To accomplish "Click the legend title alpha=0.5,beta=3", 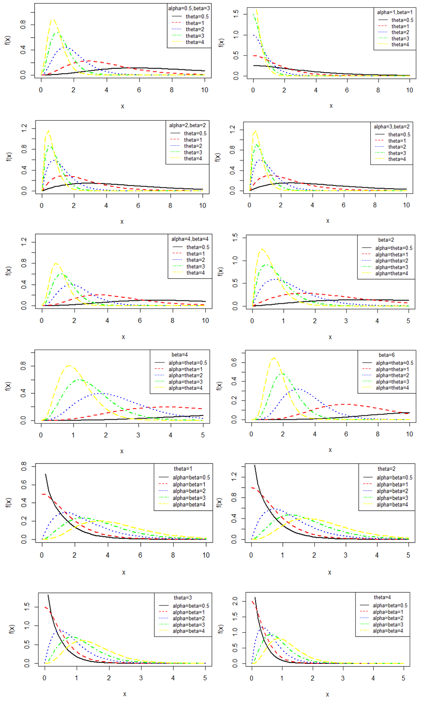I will (189, 8).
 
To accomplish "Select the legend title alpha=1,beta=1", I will (395, 13).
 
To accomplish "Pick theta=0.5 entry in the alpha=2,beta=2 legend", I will (195, 133).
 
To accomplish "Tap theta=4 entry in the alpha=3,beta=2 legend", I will (397, 159).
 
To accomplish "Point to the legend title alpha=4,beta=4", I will (190, 239).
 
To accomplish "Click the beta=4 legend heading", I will (179, 355).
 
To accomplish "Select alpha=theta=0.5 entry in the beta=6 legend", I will (394, 363).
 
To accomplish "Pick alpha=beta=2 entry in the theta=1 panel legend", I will (189, 491).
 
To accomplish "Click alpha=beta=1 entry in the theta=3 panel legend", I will (188, 612).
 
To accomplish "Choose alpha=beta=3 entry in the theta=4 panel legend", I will (388, 624).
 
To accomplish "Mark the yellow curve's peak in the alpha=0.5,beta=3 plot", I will (52, 19).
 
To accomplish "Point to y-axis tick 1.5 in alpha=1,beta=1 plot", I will (236, 14).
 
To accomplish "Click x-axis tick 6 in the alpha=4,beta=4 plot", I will (140, 321).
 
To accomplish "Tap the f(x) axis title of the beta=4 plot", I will (8, 386).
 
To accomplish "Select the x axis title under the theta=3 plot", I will (124, 694).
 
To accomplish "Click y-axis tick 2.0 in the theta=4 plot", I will (235, 601).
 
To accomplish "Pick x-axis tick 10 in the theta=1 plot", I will (206, 555).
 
